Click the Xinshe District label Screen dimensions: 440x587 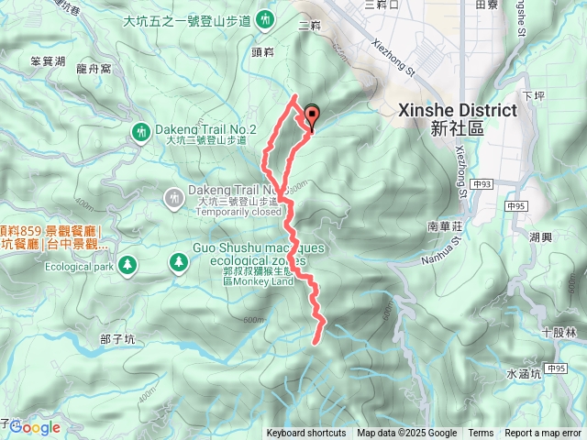pyautogui.click(x=458, y=110)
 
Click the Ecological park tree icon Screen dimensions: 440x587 pyautogui.click(x=127, y=265)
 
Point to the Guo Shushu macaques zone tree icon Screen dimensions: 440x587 pyautogui.click(x=176, y=264)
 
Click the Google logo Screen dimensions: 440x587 pyautogui.click(x=35, y=427)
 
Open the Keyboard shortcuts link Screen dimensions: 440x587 pyautogui.click(x=306, y=434)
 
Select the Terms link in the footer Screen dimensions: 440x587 pyautogui.click(x=481, y=434)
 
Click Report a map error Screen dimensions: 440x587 pyautogui.click(x=543, y=434)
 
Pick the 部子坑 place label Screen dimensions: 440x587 pyautogui.click(x=117, y=338)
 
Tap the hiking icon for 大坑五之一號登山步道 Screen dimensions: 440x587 pyautogui.click(x=265, y=17)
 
